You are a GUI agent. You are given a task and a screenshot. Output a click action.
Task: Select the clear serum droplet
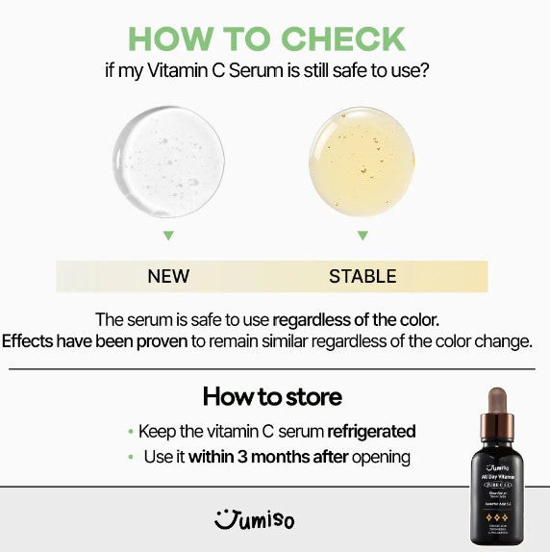[168, 160]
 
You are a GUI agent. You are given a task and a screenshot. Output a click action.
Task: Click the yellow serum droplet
[362, 160]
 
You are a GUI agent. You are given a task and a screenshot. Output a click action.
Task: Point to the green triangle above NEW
[168, 235]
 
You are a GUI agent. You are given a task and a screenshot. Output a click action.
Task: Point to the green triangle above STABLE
[362, 235]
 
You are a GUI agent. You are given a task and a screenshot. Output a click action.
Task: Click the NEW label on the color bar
[168, 276]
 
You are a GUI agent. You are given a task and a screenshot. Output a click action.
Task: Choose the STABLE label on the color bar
[362, 276]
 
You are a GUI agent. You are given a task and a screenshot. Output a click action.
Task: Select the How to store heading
[272, 396]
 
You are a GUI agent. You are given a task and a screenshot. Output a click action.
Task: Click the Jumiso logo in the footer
[254, 521]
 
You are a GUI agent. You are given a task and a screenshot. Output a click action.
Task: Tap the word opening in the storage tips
[381, 458]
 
